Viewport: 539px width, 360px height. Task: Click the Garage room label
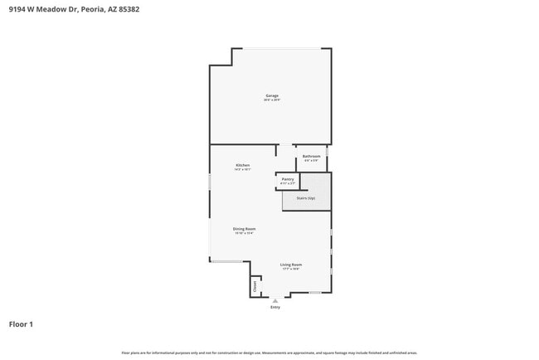pos(271,95)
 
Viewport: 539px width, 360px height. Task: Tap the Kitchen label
pos(242,165)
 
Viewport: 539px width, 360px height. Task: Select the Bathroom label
pos(311,156)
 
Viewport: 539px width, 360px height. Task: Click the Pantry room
pos(287,179)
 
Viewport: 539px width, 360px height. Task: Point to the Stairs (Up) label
pos(305,198)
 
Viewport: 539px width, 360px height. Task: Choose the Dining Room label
pos(244,229)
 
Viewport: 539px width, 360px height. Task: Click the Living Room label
pos(290,265)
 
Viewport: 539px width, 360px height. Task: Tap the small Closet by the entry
pos(255,286)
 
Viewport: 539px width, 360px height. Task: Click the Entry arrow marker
pos(275,300)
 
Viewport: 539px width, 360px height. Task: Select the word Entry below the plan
pos(275,308)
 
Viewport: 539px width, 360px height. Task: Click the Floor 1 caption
pos(21,324)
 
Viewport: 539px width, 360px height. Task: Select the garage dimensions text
pos(271,100)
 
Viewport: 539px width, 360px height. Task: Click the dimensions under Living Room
pos(290,269)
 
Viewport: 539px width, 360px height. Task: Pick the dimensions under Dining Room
pos(244,233)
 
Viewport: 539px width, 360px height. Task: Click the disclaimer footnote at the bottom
pos(269,353)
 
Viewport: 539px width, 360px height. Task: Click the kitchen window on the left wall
pos(209,182)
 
